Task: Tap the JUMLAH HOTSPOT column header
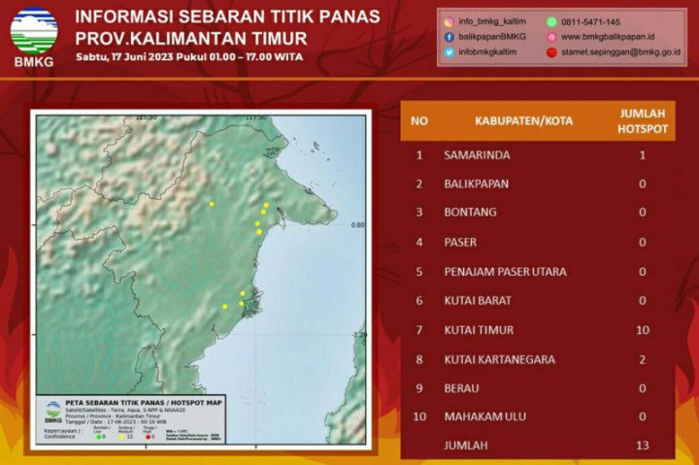click(x=643, y=121)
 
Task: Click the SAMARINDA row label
click(x=477, y=154)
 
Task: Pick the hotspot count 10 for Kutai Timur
click(x=643, y=330)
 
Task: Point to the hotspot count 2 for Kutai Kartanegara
click(x=643, y=359)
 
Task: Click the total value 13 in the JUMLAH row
click(x=643, y=446)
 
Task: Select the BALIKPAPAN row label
click(x=476, y=183)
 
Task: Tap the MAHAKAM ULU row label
click(x=485, y=416)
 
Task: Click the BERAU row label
click(x=464, y=387)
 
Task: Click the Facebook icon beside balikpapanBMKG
click(x=449, y=37)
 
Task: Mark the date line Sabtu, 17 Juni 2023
click(x=189, y=56)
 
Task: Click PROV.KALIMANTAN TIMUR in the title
click(x=191, y=38)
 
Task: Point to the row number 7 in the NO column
click(x=419, y=330)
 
